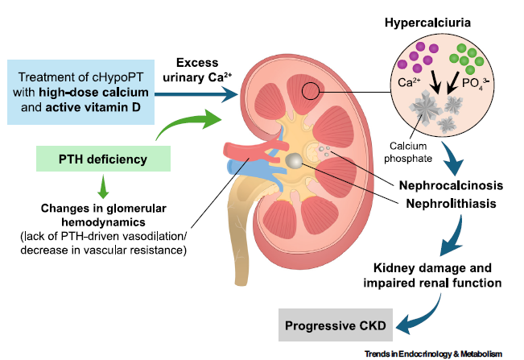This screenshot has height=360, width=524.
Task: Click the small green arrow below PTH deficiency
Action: click(102, 191)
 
